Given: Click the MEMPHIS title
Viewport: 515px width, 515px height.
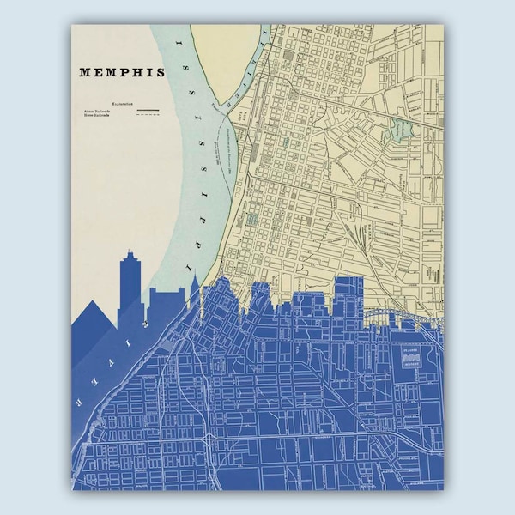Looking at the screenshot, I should point(121,73).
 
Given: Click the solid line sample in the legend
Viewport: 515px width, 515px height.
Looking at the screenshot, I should point(148,111).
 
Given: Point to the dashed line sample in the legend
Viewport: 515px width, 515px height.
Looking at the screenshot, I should point(148,117).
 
